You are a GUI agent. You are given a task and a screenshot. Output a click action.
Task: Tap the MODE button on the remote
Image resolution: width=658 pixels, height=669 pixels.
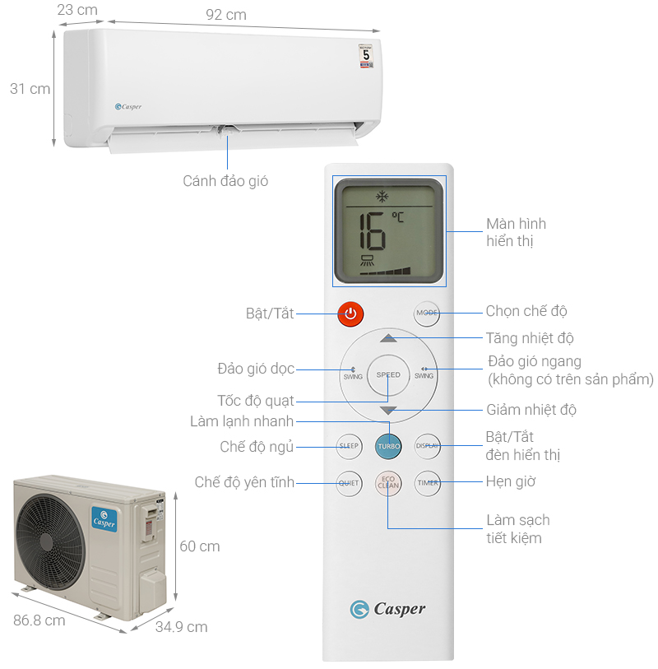click(x=427, y=314)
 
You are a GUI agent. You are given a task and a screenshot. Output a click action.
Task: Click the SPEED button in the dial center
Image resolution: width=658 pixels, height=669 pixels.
click(x=388, y=375)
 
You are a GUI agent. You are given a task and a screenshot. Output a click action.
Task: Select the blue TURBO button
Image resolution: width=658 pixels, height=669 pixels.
click(x=389, y=446)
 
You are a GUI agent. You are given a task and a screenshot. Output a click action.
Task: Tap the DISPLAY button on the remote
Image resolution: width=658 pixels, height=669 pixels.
click(x=427, y=446)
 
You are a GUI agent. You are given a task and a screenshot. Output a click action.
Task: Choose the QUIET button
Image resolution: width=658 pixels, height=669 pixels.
click(x=349, y=483)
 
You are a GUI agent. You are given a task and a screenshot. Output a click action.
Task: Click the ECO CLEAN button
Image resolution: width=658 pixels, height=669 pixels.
click(x=388, y=483)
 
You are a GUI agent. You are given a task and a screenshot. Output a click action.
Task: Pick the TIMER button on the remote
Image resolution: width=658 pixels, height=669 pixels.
click(x=428, y=483)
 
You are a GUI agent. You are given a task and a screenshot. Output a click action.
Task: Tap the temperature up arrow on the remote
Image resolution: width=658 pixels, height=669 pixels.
click(x=388, y=338)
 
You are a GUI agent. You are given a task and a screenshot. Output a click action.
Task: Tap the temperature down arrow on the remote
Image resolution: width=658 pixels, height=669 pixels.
click(x=388, y=410)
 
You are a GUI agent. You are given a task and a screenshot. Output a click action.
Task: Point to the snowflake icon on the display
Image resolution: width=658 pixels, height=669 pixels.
click(x=382, y=197)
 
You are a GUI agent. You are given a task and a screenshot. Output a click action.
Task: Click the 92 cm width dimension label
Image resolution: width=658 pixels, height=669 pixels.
click(x=226, y=15)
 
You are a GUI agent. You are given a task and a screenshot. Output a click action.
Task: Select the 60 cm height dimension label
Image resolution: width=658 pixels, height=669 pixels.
click(x=199, y=546)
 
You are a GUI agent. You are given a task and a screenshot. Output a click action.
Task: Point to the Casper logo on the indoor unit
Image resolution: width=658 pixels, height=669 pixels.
click(x=128, y=106)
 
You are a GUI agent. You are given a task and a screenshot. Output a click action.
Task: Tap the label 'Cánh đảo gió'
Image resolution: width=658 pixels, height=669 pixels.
click(x=225, y=181)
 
